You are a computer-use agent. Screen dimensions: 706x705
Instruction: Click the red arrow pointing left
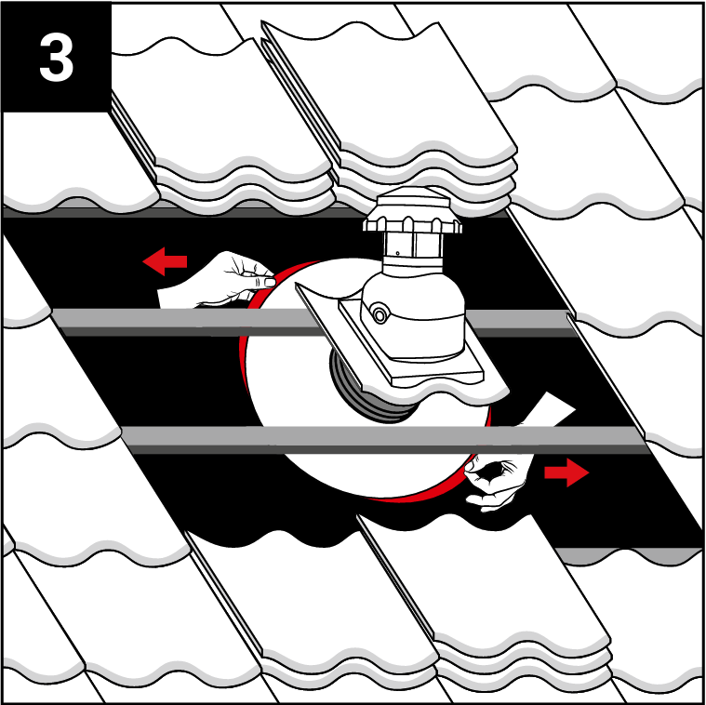(x=165, y=261)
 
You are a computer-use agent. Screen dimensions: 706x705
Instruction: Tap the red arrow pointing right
(x=566, y=472)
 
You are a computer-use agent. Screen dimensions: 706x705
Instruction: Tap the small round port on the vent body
(x=380, y=314)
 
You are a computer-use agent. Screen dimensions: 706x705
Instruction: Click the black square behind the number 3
(x=57, y=57)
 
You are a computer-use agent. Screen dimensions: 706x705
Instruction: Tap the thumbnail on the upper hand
(x=270, y=282)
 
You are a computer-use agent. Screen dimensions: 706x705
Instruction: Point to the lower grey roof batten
(x=382, y=438)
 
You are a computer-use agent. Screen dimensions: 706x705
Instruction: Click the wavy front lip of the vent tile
(x=433, y=392)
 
